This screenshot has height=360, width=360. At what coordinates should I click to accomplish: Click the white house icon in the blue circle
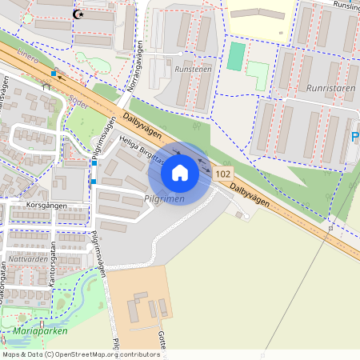180,172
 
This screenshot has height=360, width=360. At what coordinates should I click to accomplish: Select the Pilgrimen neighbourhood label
165,198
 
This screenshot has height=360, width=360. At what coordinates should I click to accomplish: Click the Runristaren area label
330,89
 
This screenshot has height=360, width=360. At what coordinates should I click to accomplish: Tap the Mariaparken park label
40,330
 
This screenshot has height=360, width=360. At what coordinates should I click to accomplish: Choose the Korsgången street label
46,206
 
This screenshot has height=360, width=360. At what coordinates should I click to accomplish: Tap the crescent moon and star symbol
78,14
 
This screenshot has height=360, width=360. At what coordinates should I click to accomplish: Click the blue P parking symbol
355,138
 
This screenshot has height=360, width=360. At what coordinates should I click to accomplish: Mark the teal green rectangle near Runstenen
236,56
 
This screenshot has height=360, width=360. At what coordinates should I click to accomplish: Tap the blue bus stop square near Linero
54,74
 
